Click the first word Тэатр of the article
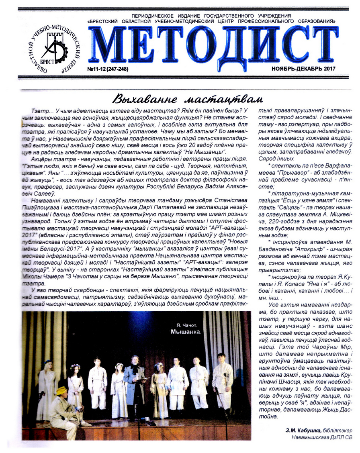pos(39,110)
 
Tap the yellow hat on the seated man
pos(61,390)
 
